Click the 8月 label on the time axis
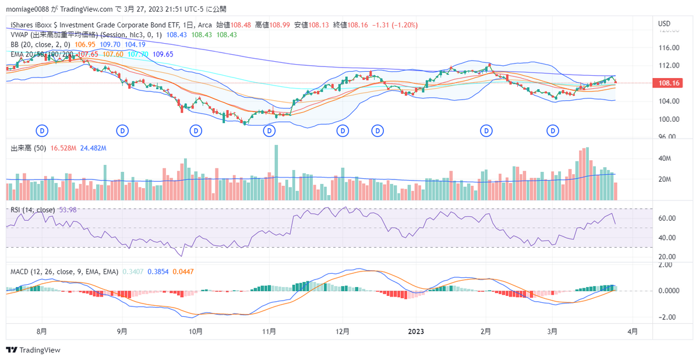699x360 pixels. coord(41,331)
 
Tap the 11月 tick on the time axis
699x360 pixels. coord(269,331)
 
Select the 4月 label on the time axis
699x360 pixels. coord(633,331)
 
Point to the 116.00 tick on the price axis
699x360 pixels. coord(668,48)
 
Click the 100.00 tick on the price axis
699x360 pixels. coord(668,119)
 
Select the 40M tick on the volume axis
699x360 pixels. coord(666,158)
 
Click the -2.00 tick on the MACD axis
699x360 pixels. coord(668,317)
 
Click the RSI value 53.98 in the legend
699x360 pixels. coord(68,210)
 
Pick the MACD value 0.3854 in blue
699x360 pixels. coord(158,271)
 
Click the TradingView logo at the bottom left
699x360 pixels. coord(33,350)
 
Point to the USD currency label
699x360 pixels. coord(665,23)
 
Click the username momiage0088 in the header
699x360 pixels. coord(27,9)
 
